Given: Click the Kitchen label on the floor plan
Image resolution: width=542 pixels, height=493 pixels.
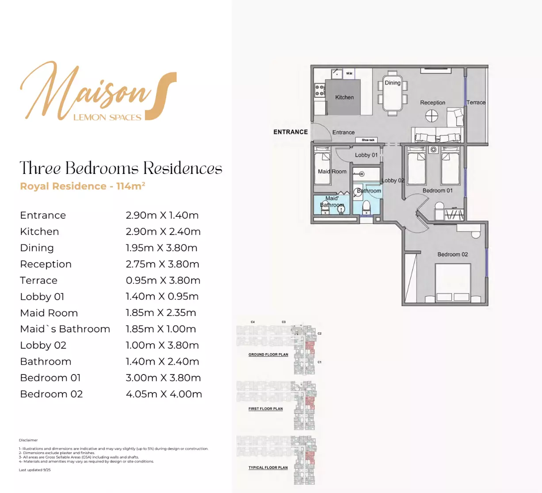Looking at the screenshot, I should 344,97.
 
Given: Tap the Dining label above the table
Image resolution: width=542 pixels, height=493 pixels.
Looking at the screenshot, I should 393,83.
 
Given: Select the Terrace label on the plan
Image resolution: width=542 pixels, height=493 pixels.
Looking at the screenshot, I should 476,103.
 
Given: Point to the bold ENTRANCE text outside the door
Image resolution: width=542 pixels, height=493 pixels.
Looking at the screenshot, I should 290,132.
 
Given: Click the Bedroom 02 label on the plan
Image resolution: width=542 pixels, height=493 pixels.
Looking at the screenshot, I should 452,254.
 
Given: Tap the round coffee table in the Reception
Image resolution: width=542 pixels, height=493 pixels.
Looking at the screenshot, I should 431,116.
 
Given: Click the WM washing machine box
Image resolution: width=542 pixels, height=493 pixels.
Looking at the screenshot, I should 349,73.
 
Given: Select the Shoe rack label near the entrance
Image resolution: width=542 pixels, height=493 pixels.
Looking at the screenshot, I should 368,140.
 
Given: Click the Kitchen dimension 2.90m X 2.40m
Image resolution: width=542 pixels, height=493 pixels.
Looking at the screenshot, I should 163,231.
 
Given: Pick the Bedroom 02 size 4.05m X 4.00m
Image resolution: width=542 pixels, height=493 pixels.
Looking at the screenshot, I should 164,394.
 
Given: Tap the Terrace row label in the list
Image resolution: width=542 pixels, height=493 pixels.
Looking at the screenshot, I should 39,281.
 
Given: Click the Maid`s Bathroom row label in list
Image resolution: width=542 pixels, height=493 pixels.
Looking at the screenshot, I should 65,329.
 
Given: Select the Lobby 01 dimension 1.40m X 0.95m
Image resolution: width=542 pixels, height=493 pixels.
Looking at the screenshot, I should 162,297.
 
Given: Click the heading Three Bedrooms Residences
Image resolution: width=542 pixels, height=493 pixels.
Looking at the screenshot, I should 121,168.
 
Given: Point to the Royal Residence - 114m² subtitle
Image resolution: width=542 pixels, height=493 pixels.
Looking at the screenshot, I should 83,186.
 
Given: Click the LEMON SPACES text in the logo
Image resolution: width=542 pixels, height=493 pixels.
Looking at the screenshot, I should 107,117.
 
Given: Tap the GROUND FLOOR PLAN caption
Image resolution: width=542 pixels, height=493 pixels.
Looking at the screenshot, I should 268,354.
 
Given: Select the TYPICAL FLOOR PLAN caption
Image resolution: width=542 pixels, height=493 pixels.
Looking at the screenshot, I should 268,468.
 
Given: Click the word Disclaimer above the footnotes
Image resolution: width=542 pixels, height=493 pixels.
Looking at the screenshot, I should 28,440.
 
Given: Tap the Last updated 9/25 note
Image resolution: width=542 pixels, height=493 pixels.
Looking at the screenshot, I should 35,470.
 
